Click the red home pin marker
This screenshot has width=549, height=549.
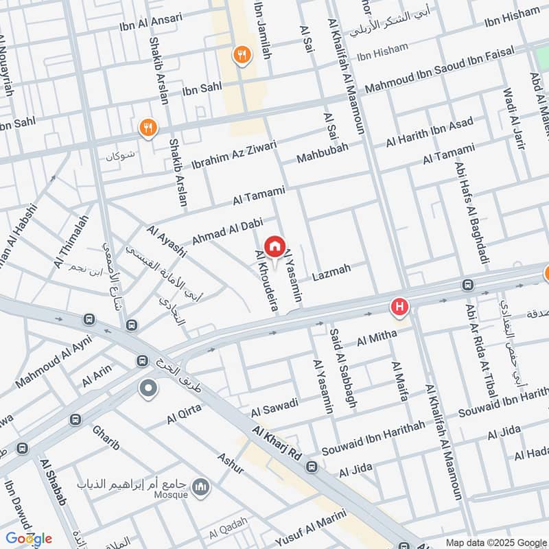(274, 246)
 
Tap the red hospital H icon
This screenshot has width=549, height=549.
(399, 307)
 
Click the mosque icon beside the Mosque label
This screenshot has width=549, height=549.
(201, 487)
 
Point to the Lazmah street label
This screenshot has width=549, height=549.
(331, 273)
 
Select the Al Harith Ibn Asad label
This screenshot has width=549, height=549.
(430, 134)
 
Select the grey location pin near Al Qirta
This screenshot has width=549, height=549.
(148, 390)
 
